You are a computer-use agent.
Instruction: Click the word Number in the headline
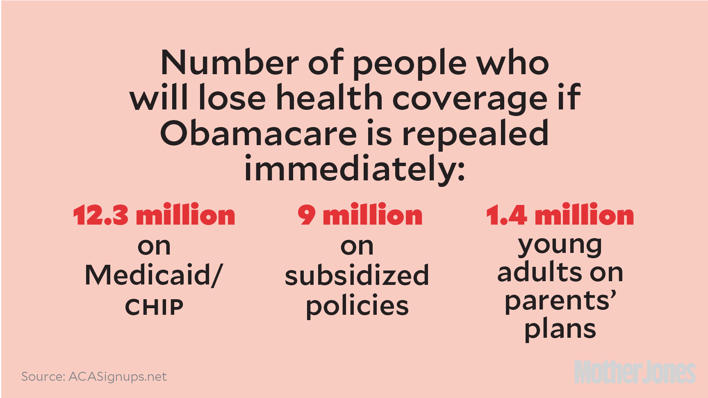[230, 63]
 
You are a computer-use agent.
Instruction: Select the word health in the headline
[330, 98]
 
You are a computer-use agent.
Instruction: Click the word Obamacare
[258, 133]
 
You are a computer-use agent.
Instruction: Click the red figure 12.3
[100, 215]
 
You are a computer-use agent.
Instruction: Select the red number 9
[307, 215]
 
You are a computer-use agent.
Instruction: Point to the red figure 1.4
[506, 215]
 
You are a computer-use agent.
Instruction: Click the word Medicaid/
[154, 275]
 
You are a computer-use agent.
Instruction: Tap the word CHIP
[154, 307]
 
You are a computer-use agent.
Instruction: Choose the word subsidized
[357, 275]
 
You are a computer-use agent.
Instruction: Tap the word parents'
[560, 301]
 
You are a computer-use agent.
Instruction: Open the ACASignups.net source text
[118, 376]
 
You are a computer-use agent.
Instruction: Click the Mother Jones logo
[634, 372]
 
